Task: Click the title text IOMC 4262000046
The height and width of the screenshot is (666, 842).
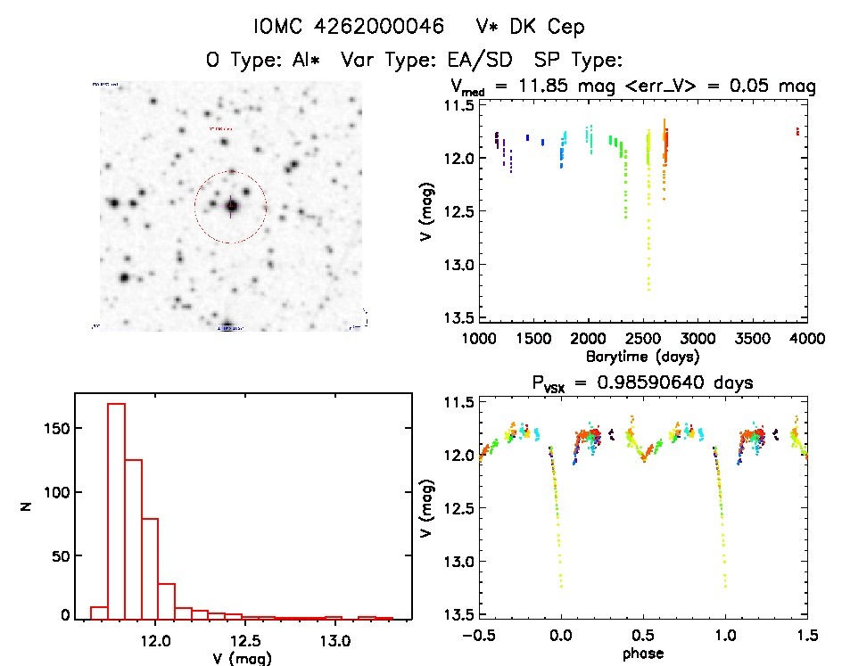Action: coord(349,28)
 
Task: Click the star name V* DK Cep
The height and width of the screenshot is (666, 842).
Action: coord(531,28)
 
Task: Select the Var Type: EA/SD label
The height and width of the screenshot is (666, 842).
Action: coord(433,61)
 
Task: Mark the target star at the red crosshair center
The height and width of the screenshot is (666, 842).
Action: coord(231,206)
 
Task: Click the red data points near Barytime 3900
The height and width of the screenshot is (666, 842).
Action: coord(797,131)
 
